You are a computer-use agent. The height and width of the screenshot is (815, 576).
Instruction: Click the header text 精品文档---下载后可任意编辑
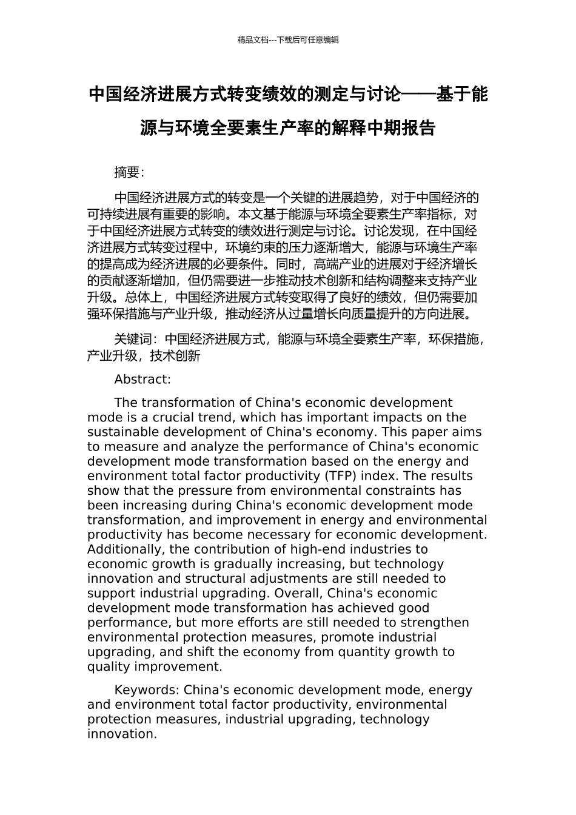288,40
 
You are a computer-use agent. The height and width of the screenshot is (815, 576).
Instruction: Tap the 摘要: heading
129,172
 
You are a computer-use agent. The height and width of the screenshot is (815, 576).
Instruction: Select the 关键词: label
136,339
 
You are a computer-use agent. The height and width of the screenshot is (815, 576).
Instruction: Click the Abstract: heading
142,380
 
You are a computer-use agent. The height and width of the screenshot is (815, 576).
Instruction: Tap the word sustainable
119,432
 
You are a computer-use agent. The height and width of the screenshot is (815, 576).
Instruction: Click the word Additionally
126,549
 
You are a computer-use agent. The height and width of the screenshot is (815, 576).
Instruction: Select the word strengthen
437,623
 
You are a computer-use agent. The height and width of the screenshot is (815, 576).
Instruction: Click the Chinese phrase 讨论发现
388,231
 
